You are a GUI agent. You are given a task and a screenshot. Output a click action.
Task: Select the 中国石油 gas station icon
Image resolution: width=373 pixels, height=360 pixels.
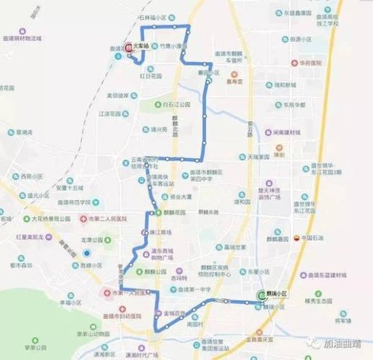[x=296, y=238]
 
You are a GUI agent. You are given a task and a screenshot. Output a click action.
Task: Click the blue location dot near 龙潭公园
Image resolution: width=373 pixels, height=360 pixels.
[x=87, y=253]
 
